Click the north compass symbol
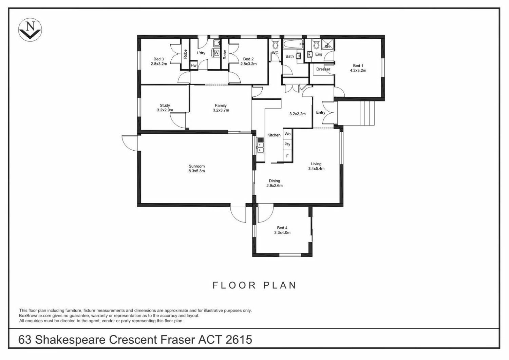tap(30, 30)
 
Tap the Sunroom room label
tap(197, 166)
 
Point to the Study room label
tap(165, 106)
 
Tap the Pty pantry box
tap(287, 144)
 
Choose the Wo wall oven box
tap(287, 134)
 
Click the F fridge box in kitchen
tap(287, 156)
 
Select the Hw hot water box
tap(193, 65)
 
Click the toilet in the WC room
tap(275, 44)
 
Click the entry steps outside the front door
tap(356, 113)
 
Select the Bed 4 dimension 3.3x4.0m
tap(282, 233)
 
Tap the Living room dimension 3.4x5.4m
tap(316, 169)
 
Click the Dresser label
tap(323, 69)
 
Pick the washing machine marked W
tap(216, 53)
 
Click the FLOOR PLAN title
tap(254, 285)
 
